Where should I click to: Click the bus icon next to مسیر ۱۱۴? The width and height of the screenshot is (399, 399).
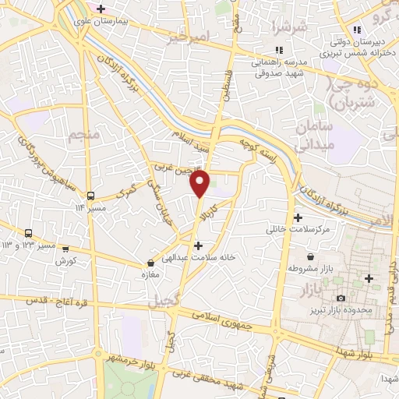91,196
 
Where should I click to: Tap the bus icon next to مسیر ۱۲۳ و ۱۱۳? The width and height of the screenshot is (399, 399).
29,233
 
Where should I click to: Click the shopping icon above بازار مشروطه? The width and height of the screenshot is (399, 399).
311,256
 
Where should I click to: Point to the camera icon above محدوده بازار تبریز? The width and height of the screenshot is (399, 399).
340,298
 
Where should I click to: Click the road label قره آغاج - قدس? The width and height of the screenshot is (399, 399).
55,300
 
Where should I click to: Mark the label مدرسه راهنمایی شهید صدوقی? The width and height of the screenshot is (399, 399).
278,69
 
